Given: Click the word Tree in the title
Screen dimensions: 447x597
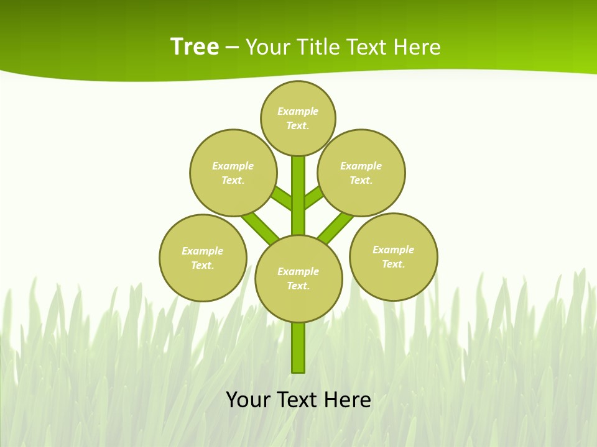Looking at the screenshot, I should point(195,47).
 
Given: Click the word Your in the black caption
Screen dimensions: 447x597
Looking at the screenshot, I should point(249,399).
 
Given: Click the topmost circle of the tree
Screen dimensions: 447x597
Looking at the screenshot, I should point(298,118).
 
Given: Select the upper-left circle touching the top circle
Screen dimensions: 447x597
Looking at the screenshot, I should point(233,173).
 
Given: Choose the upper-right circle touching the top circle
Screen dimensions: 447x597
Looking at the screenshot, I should point(361,173).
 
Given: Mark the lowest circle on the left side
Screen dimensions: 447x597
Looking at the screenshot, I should point(203,258).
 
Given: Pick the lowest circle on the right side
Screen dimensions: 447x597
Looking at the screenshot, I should point(394,256).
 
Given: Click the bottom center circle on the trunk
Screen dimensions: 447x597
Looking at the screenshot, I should point(298,279).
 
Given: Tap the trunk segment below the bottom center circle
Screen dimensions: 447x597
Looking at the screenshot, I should point(298,348).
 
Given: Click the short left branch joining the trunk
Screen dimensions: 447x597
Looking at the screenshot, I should point(282,197).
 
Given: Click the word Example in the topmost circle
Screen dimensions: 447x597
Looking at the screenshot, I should point(298,111).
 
